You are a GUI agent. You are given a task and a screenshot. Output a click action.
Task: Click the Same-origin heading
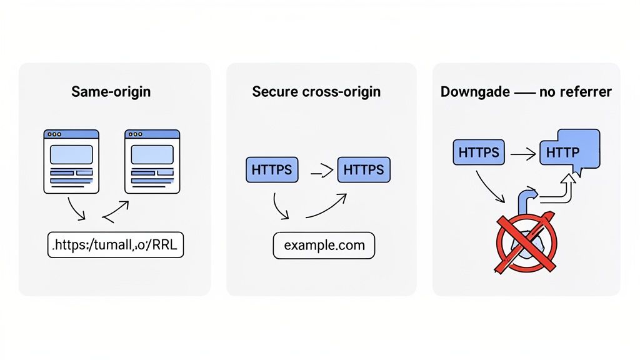tap(111, 92)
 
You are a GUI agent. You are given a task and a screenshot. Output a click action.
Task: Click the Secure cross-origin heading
tap(316, 92)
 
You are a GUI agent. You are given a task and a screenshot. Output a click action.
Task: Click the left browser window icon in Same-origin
tap(71, 161)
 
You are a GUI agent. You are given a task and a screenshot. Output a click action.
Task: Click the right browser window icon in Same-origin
tap(152, 161)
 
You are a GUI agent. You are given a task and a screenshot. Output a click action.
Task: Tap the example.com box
tap(324, 245)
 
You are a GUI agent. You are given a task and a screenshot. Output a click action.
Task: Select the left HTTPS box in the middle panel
tap(272, 170)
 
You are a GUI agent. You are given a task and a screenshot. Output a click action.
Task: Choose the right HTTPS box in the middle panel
tap(364, 170)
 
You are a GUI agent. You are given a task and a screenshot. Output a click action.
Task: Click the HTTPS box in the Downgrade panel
tap(478, 152)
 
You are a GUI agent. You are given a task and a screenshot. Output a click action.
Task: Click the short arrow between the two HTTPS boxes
tap(319, 169)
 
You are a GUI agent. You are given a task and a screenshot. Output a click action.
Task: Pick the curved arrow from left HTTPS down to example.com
tap(279, 208)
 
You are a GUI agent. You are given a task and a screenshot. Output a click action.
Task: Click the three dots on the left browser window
tap(54, 134)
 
